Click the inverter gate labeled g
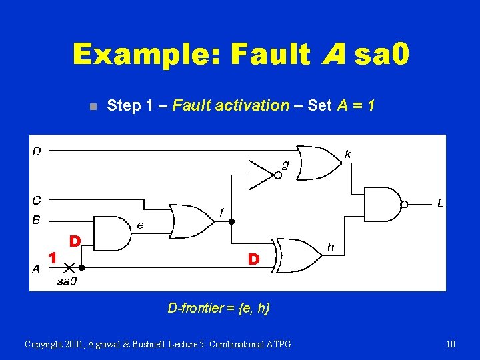coord(261,175)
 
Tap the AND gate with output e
coord(112,234)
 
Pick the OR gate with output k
coord(319,162)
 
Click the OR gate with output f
coord(190,221)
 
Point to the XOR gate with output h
coord(299,255)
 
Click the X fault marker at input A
coord(68,267)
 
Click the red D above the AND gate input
coord(75,240)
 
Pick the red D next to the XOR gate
coord(253,259)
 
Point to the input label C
coord(37,199)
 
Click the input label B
coord(37,219)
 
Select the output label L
coord(440,203)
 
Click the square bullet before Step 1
coord(93,106)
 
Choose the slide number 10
coord(451,344)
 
